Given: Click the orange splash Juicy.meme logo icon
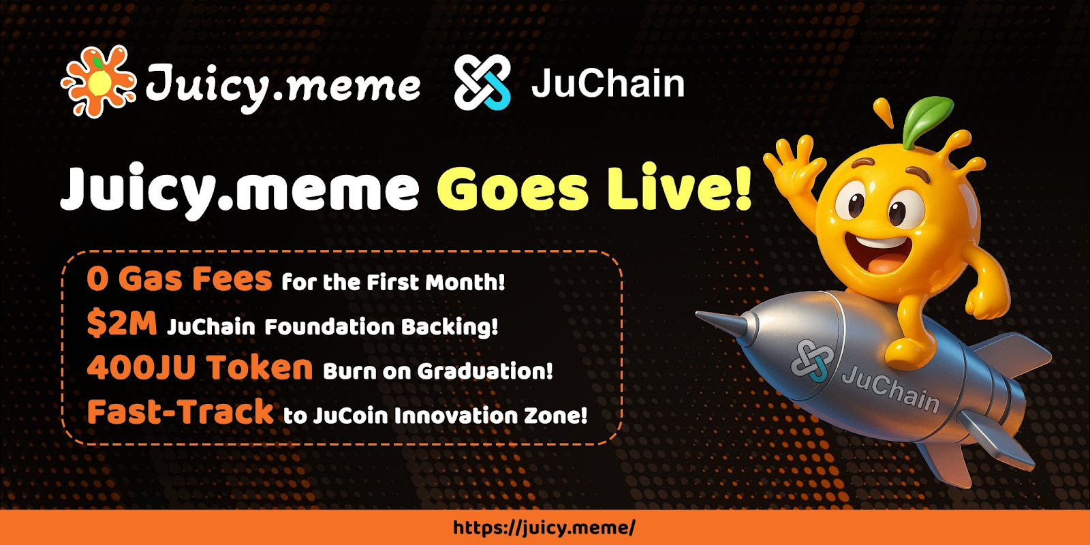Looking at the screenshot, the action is click(x=98, y=81).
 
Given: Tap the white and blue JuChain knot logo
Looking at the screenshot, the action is click(x=482, y=82).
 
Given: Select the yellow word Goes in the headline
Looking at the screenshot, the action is click(x=513, y=188).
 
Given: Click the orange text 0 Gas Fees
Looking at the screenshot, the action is click(x=179, y=279).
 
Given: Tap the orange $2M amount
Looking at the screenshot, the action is click(x=122, y=323).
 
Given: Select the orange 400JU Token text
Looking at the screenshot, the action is click(x=200, y=367).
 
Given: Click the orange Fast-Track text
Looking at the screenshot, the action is click(x=180, y=411).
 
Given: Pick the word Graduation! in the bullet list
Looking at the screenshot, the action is click(x=485, y=371).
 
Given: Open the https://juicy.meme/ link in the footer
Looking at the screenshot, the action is click(x=544, y=527).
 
